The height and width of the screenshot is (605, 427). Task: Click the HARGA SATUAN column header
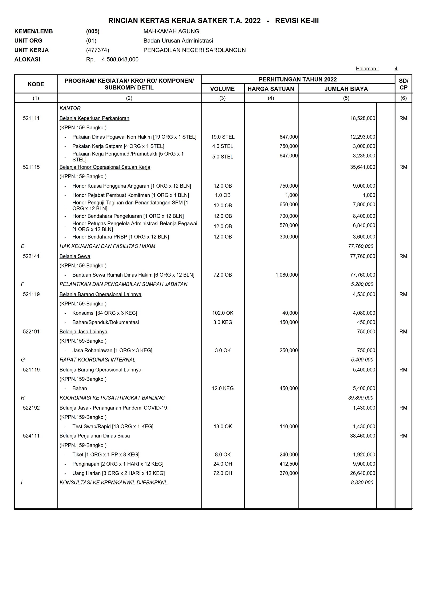(271, 89)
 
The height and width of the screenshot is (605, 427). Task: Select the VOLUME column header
(222, 89)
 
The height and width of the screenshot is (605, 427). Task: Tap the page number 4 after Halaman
(396, 69)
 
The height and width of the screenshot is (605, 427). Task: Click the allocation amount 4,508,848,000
(120, 59)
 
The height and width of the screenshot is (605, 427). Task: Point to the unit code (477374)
(97, 50)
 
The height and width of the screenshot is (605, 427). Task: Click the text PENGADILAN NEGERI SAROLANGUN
(194, 50)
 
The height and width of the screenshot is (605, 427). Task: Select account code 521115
(31, 167)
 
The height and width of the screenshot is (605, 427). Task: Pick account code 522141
(31, 256)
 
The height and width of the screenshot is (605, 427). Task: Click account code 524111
(31, 436)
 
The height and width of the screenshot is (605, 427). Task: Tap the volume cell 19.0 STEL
(223, 137)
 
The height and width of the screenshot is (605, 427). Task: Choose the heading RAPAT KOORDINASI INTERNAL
(97, 360)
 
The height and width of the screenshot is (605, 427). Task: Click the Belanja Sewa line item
(75, 256)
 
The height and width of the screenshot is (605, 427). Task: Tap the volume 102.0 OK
(223, 313)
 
